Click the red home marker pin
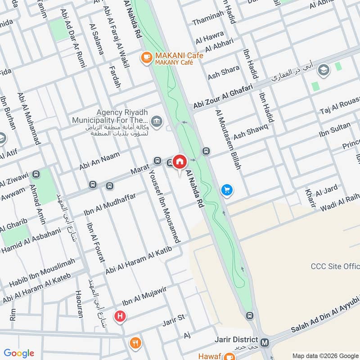pyautogui.click(x=180, y=162)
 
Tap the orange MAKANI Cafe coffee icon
pyautogui.click(x=146, y=57)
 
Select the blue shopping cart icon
pyautogui.click(x=227, y=190)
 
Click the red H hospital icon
pyautogui.click(x=120, y=316)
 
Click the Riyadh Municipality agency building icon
pyautogui.click(x=157, y=120)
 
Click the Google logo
pyautogui.click(x=18, y=353)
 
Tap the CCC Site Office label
pyautogui.click(x=335, y=266)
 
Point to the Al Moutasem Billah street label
pyautogui.click(x=229, y=139)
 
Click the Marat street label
pyautogui.click(x=139, y=170)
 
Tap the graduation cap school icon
pyautogui.click(x=323, y=70)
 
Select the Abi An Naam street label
pyautogui.click(x=100, y=159)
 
